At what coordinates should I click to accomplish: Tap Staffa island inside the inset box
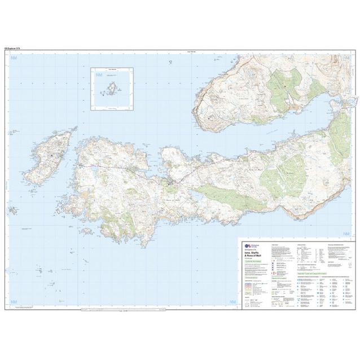tap(112, 89)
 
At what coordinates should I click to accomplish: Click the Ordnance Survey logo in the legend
tap(247, 247)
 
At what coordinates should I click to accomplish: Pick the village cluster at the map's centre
tap(172, 182)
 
